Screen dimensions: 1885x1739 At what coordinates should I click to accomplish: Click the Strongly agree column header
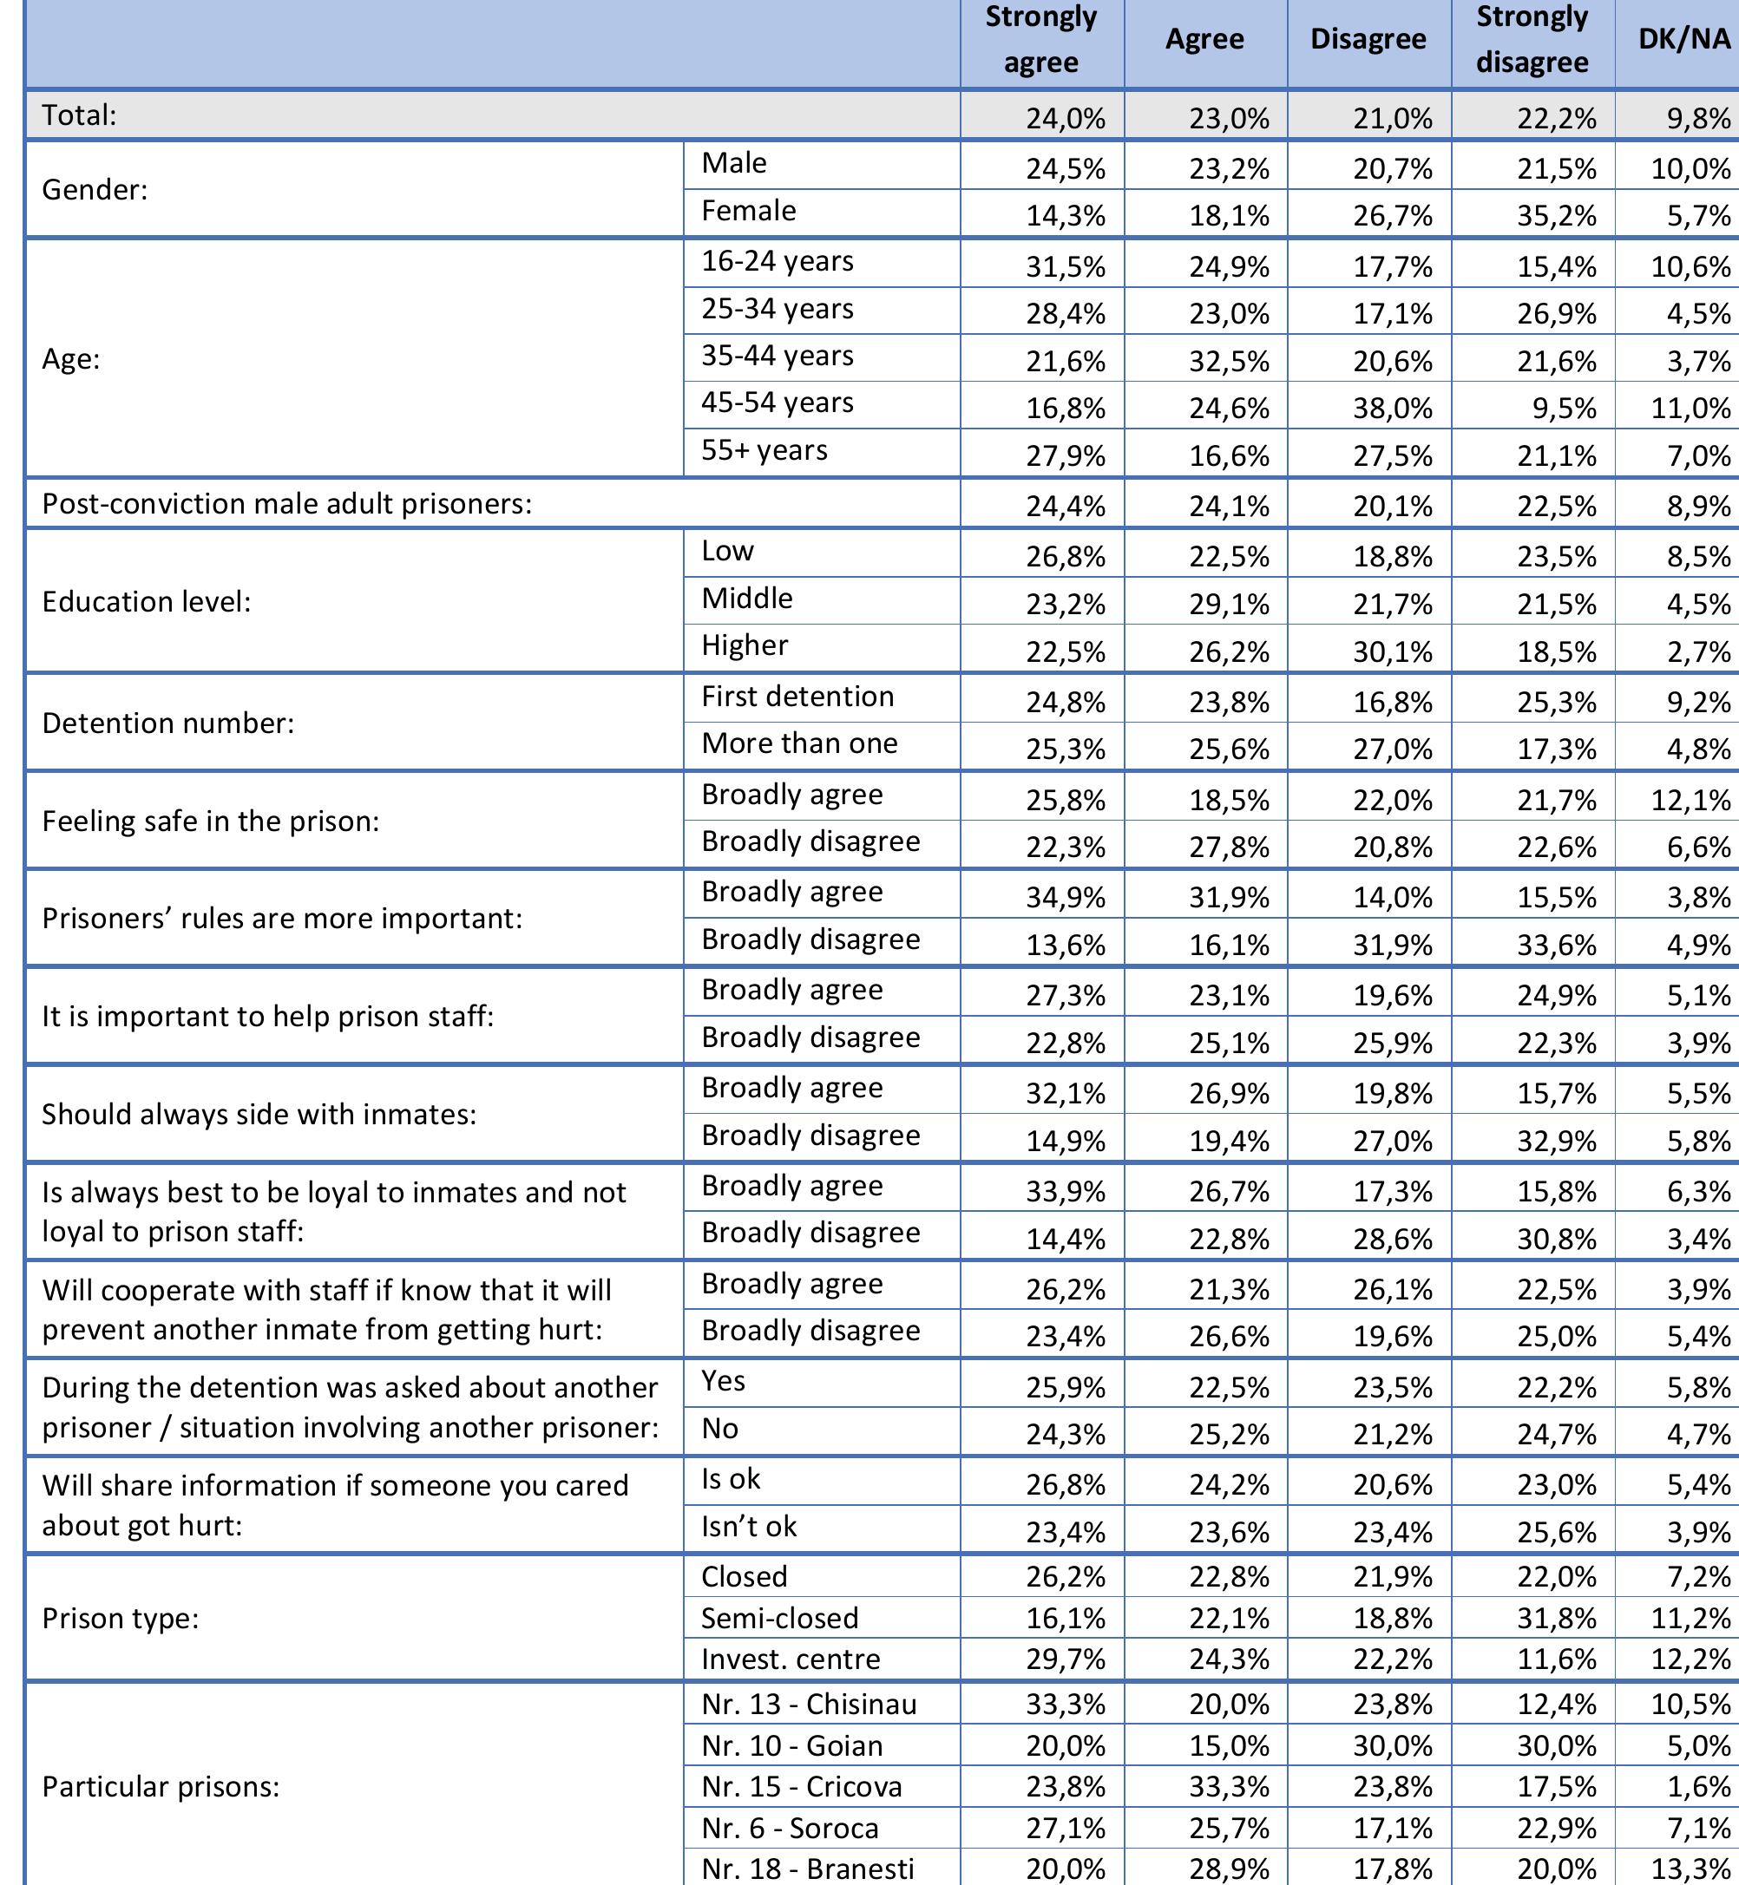click(1040, 41)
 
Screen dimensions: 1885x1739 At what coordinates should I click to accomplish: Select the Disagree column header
click(1368, 40)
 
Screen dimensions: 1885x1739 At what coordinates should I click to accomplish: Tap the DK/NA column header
click(1683, 40)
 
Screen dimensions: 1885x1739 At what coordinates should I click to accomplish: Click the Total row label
click(80, 115)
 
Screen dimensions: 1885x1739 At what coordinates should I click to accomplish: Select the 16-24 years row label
click(778, 261)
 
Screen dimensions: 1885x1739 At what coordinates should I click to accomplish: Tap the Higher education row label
click(745, 646)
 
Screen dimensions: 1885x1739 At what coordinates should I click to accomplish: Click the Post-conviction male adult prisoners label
click(287, 504)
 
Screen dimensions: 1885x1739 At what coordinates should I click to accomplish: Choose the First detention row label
click(797, 697)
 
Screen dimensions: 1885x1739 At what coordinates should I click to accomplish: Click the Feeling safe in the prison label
click(211, 822)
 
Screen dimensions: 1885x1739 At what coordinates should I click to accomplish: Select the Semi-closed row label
click(779, 1618)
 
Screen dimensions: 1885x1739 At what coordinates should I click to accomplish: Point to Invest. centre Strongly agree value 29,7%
click(1066, 1659)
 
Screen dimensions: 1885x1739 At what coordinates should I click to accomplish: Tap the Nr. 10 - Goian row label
click(792, 1746)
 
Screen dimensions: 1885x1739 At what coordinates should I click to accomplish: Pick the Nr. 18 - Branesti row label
click(807, 1868)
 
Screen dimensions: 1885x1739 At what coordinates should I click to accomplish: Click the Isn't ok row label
click(748, 1526)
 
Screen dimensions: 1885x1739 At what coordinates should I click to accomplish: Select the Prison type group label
click(121, 1619)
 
